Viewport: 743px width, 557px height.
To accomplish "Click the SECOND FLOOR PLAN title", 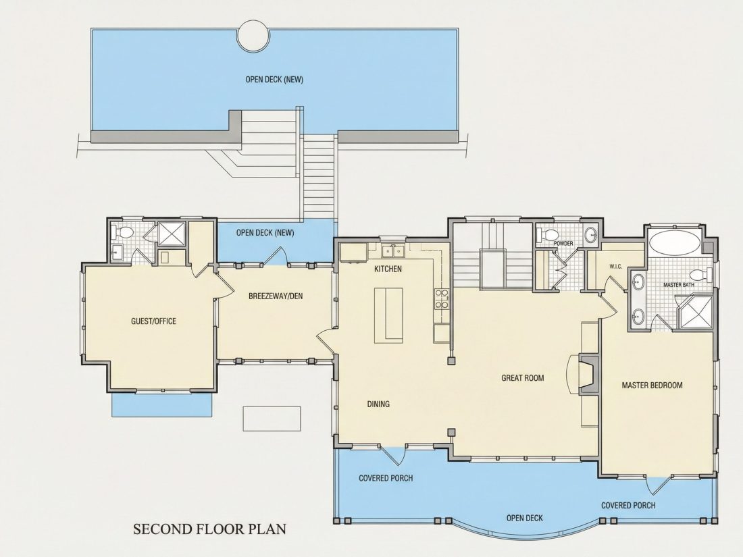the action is [209, 529].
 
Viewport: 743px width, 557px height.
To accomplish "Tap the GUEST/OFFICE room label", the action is [153, 321].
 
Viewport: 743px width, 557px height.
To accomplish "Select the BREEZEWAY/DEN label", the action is [276, 296].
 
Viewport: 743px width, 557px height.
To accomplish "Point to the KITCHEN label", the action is [388, 269].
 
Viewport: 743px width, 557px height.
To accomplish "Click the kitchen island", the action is [388, 315].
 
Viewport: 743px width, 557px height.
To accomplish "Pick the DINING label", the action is [379, 404].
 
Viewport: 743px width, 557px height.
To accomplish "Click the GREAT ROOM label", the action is [523, 378].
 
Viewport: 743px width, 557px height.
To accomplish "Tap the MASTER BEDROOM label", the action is [652, 386].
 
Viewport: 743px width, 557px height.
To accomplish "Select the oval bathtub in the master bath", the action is [674, 242].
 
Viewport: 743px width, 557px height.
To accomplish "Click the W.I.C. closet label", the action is [615, 267].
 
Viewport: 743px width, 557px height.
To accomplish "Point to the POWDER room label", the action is [563, 244].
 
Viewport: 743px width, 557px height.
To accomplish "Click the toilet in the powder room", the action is [547, 235].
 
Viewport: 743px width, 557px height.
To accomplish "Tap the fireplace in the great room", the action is [588, 374].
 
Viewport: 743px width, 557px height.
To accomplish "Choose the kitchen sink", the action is [394, 250].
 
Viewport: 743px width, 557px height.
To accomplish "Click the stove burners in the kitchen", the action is [442, 299].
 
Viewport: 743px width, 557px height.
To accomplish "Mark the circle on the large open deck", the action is [253, 36].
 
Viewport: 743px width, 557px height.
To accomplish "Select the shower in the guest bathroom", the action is [172, 234].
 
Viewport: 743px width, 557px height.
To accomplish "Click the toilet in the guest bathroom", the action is [123, 232].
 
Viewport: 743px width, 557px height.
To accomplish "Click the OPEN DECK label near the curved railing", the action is [525, 518].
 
